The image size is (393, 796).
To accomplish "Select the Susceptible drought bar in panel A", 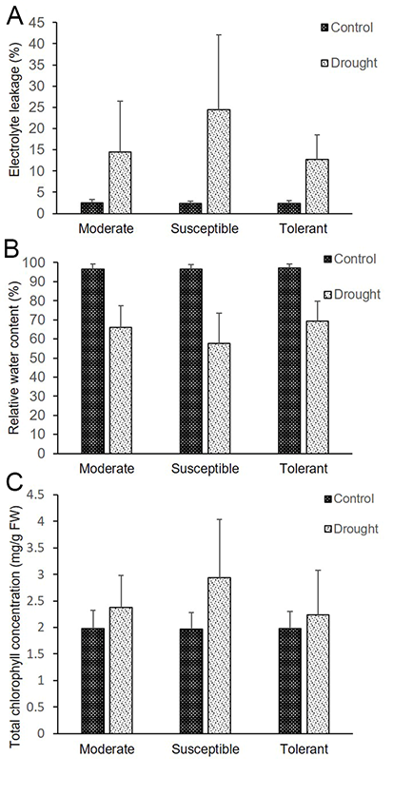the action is (218, 162).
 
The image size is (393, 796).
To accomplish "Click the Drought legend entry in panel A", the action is (350, 63).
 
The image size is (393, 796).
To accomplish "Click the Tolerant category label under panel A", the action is (304, 229).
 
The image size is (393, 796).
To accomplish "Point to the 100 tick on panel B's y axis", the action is (36, 263).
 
